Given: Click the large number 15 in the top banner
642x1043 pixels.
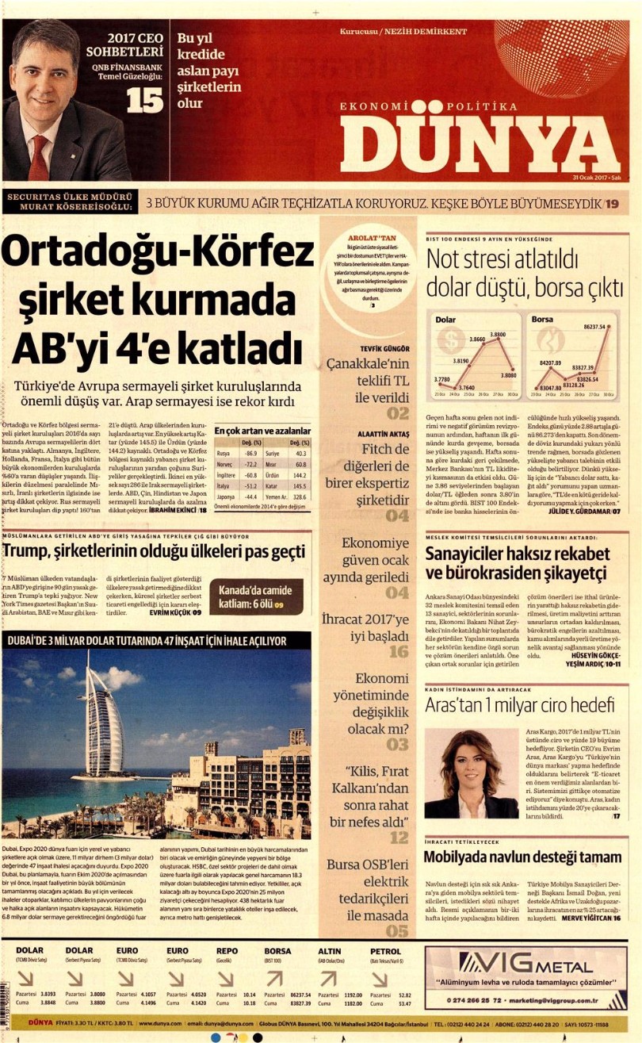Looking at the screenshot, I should pyautogui.click(x=145, y=101).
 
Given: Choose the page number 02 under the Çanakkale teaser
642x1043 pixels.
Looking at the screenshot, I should pyautogui.click(x=398, y=413).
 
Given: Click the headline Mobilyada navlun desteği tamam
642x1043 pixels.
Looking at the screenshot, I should pyautogui.click(x=523, y=857).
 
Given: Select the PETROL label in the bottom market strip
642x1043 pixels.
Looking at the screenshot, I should pyautogui.click(x=384, y=950).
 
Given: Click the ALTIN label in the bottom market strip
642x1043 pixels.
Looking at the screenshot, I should pyautogui.click(x=330, y=950).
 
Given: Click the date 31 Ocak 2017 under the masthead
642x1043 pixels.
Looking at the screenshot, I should pyautogui.click(x=596, y=178).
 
